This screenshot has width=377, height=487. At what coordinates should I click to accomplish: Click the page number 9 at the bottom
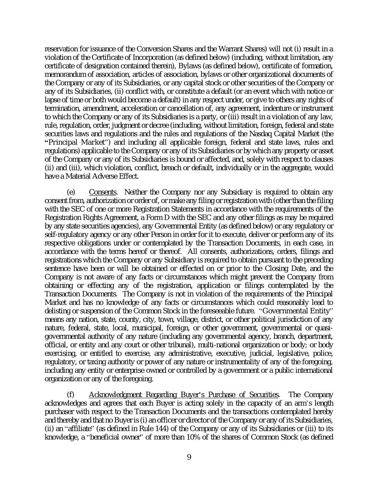click(189, 457)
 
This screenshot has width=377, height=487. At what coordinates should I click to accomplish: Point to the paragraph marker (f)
click(71, 395)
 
